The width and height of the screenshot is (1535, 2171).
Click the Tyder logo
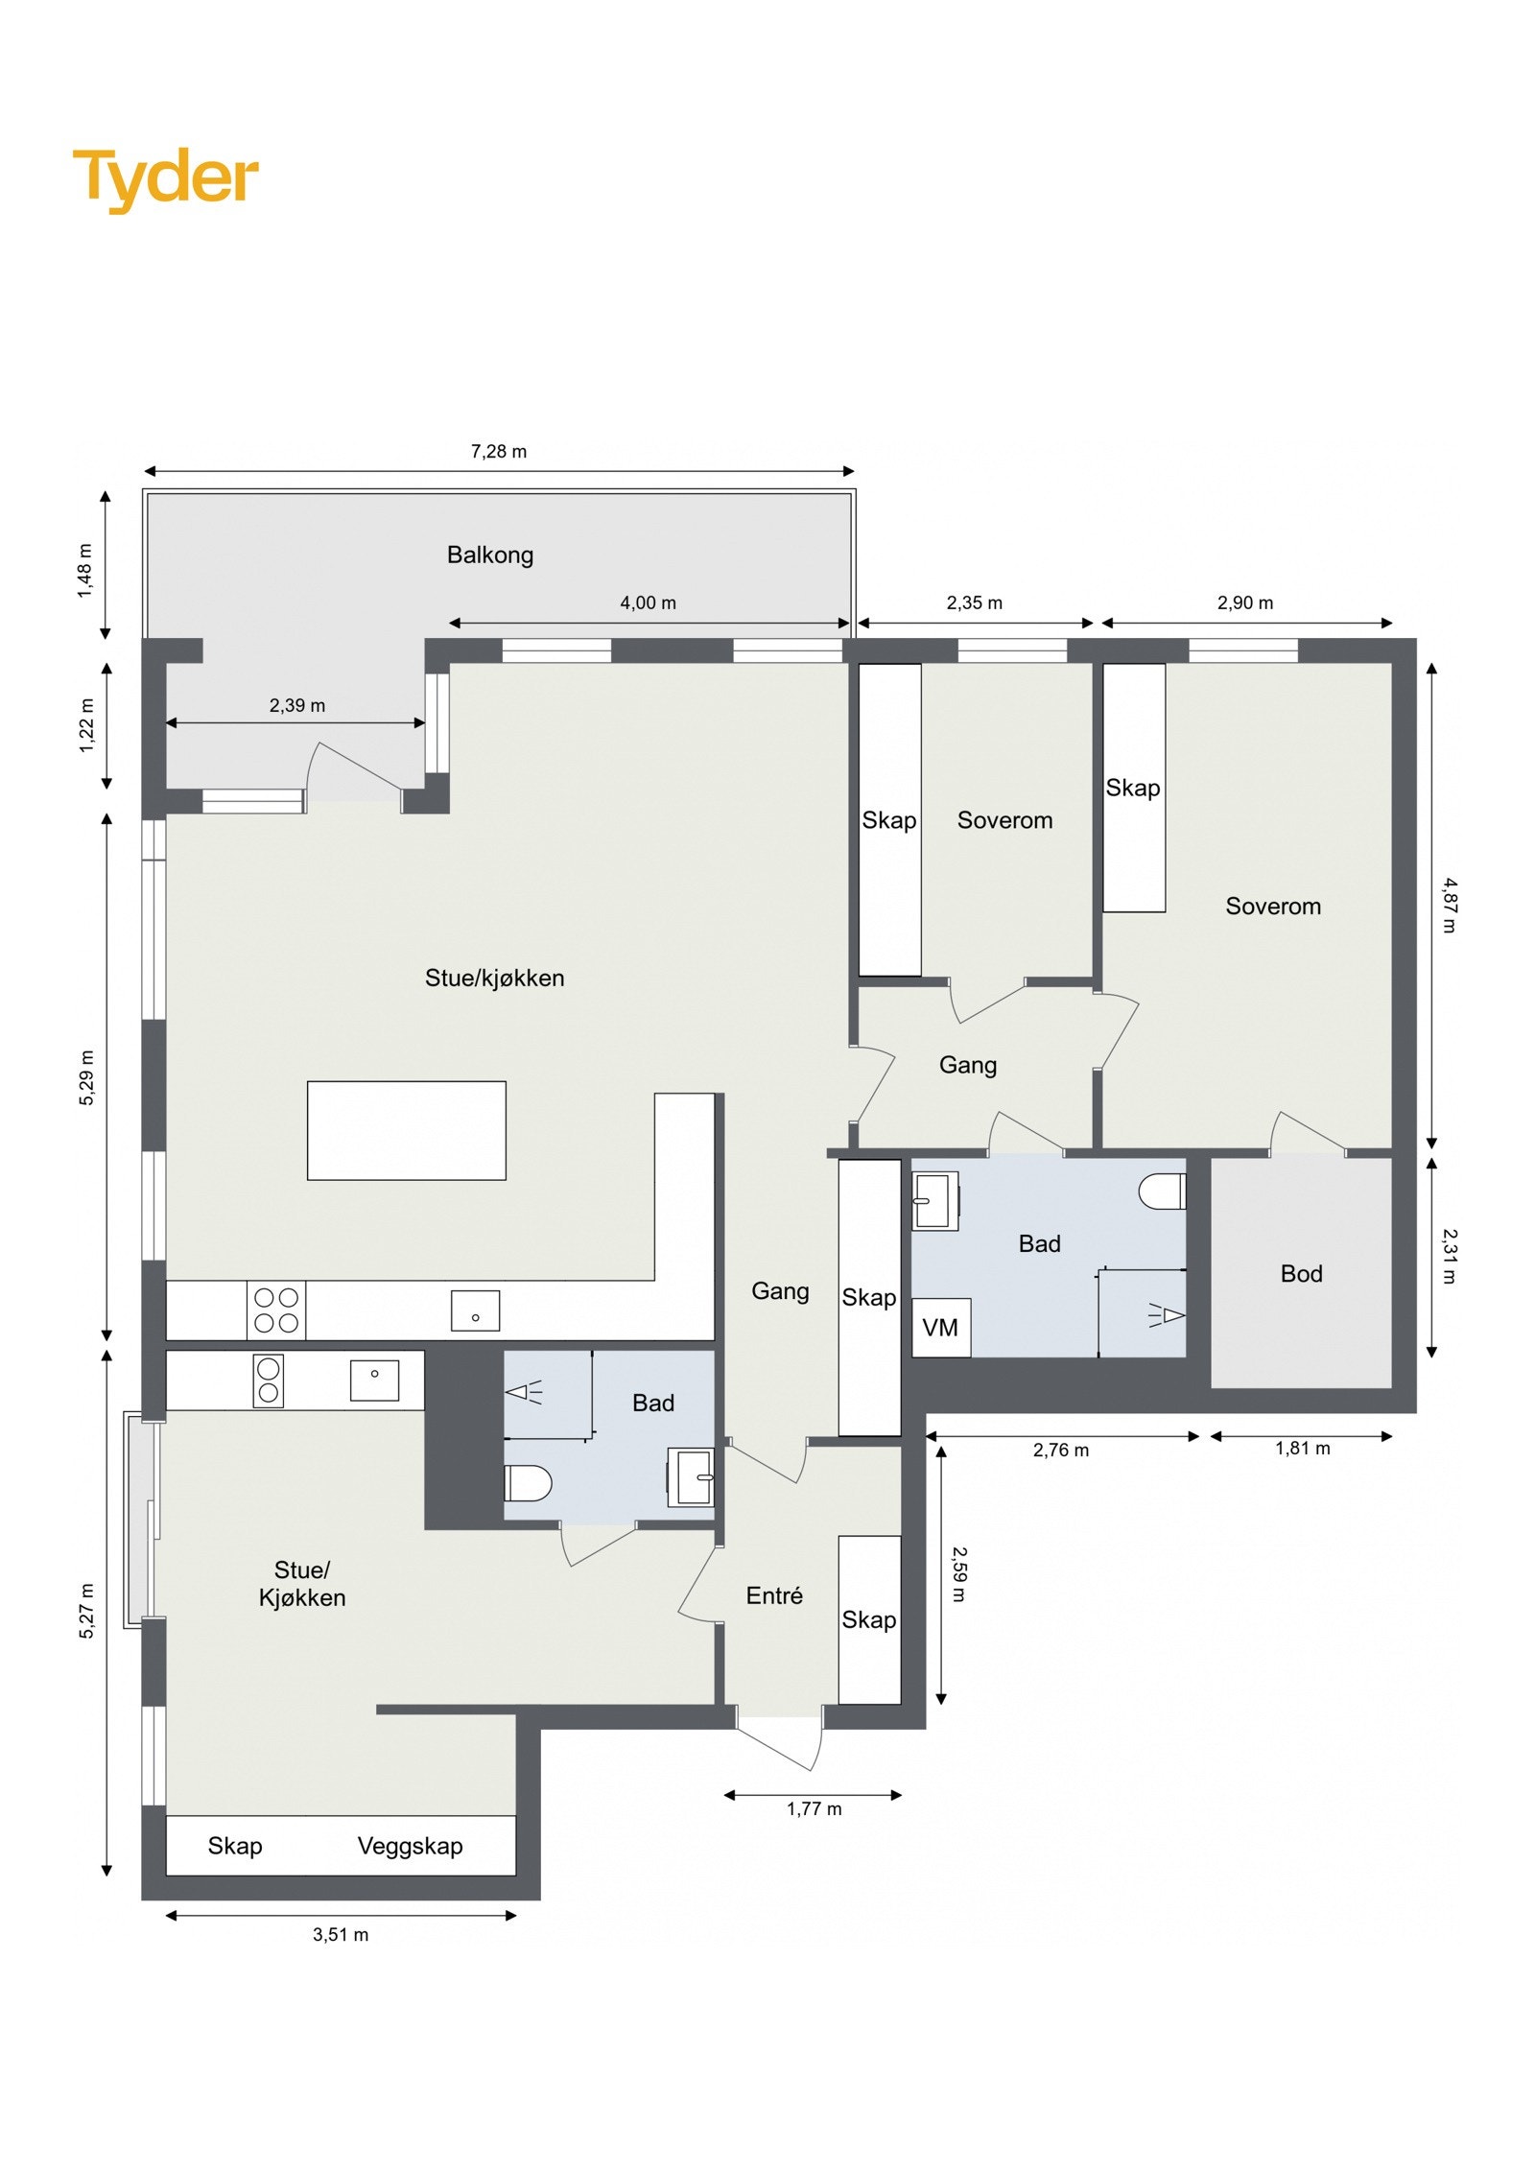165,179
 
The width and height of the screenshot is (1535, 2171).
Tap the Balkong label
489,555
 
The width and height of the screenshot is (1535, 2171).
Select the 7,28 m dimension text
498,451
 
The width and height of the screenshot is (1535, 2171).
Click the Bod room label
1301,1273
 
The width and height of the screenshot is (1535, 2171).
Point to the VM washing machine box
940,1327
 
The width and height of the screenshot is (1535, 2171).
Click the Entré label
773,1594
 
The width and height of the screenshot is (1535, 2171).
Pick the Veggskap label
410,1846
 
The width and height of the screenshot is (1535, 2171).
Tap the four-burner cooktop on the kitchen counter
276,1310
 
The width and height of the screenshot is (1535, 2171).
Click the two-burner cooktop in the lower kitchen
269,1380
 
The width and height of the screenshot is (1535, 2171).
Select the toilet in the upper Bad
1162,1191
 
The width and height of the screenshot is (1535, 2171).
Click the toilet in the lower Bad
528,1482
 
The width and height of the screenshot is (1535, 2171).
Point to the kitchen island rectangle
406,1130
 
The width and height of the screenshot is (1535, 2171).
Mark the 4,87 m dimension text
1449,905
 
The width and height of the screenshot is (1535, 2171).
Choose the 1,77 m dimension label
814,1808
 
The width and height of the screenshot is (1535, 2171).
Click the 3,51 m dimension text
340,1934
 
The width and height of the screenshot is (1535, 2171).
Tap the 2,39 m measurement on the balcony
296,705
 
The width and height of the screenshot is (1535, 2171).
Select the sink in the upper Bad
935,1200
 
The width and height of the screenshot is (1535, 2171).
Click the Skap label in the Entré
868,1619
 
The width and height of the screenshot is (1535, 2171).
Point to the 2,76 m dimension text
1060,1450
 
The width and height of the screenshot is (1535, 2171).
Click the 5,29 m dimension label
86,1077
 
